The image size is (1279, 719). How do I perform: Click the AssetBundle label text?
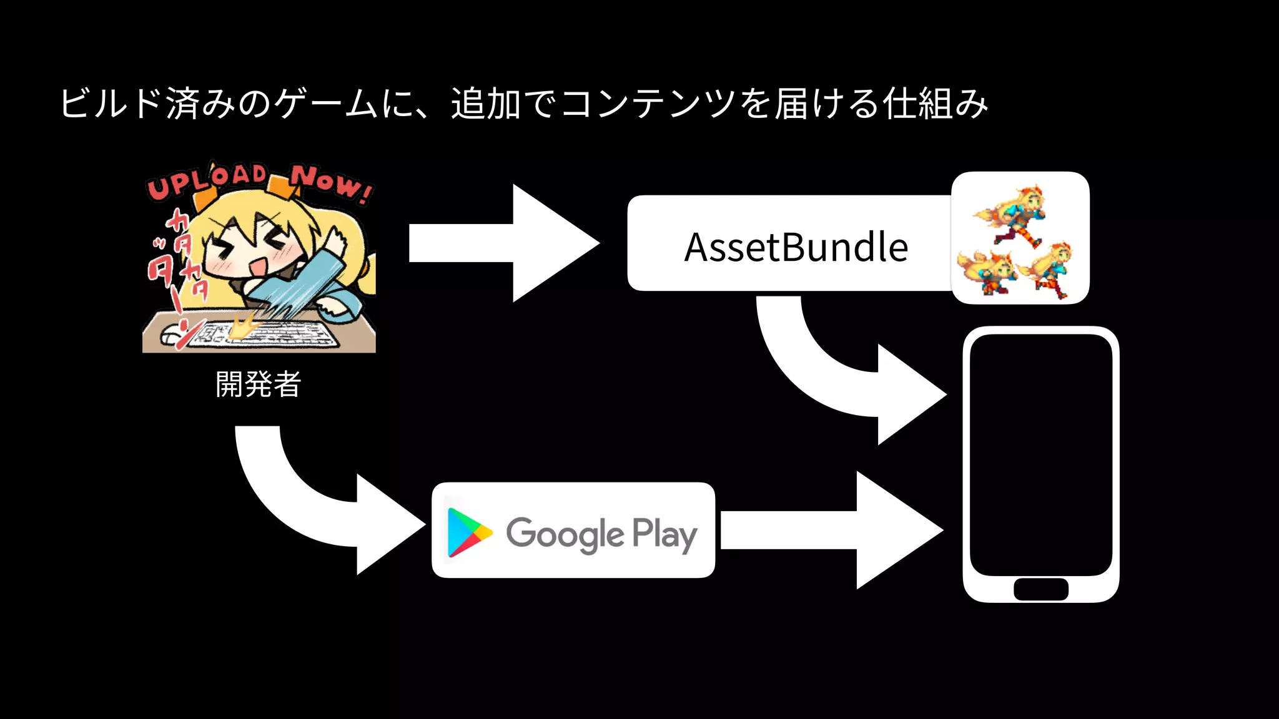pos(796,247)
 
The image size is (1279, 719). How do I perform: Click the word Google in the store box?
pos(565,534)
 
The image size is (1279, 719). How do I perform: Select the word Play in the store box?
pos(664,534)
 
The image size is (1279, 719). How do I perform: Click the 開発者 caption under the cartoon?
pos(258,384)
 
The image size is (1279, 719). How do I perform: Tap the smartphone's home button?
pos(1040,589)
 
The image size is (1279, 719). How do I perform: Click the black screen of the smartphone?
pos(1040,454)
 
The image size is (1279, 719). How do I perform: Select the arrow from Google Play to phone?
pos(831,531)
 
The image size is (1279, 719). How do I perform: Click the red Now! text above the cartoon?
pos(331,183)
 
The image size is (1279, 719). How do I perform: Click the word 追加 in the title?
pos(486,104)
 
